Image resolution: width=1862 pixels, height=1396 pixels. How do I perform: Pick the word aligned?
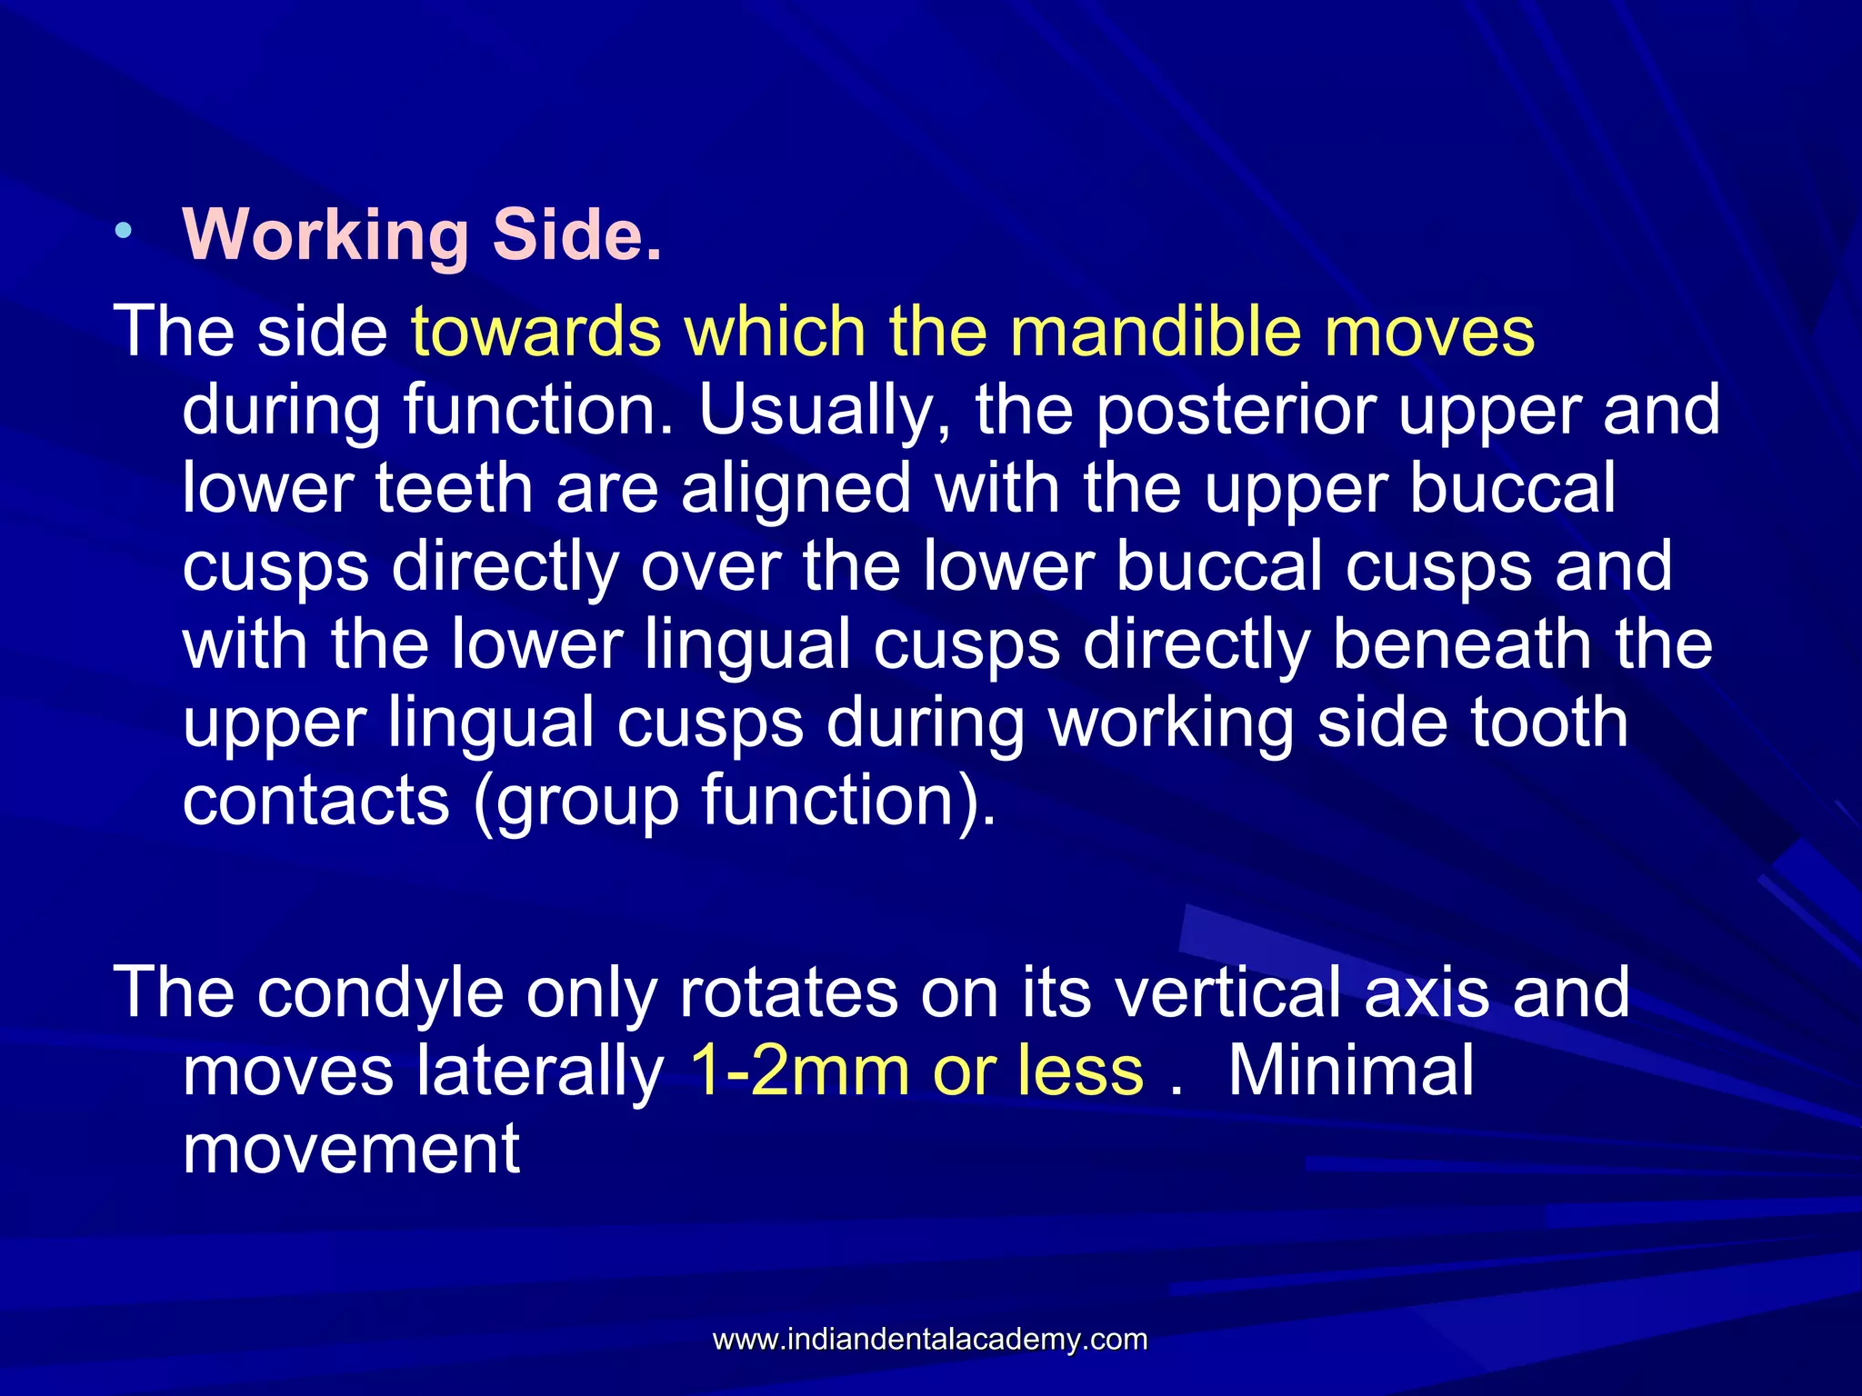coord(796,489)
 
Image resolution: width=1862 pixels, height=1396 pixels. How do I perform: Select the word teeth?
coord(454,489)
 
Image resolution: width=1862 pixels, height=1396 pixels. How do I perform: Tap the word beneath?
coord(1461,644)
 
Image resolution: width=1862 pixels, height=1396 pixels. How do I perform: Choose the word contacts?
coord(316,800)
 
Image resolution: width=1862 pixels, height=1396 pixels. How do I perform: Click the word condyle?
coord(380,992)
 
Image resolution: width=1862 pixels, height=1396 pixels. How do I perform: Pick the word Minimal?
coord(1350,1071)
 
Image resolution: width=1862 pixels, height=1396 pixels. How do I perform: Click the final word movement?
coord(351,1149)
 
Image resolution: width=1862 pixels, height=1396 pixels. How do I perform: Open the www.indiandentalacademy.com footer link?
coord(930,1340)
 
